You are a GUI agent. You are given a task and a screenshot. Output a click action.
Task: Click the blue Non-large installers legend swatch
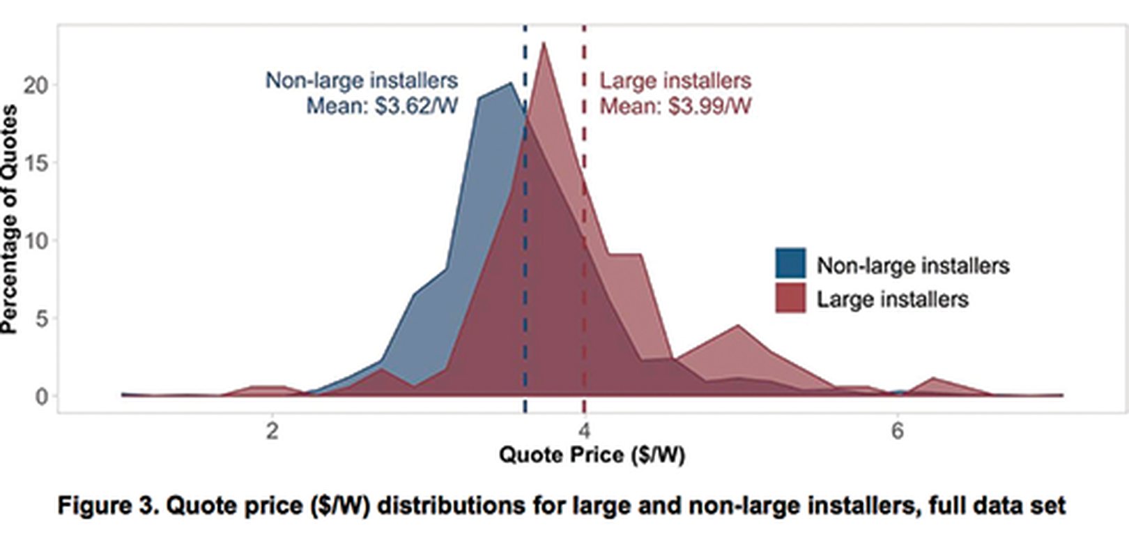[790, 263]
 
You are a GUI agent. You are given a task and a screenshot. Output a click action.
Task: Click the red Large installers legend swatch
[790, 298]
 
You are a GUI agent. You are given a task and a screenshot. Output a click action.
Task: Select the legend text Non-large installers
[913, 266]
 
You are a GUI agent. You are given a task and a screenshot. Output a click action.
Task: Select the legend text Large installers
[893, 300]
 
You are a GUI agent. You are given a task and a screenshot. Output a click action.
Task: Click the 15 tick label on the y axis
[36, 163]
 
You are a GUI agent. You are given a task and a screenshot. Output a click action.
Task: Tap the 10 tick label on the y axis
[36, 241]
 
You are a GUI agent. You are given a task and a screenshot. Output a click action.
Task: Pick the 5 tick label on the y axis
[41, 319]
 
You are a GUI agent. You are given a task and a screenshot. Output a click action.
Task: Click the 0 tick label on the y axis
[41, 396]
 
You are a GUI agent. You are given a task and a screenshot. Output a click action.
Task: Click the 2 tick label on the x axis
[272, 431]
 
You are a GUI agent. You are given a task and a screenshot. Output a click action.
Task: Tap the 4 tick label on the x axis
[585, 431]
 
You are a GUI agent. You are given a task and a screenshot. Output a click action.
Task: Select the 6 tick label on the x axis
[897, 431]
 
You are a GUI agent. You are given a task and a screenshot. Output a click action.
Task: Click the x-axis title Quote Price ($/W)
[592, 455]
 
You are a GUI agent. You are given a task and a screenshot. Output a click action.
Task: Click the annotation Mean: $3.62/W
[382, 107]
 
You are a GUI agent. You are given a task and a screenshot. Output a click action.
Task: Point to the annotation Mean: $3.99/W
[676, 107]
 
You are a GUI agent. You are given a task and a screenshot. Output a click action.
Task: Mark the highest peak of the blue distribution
[511, 84]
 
